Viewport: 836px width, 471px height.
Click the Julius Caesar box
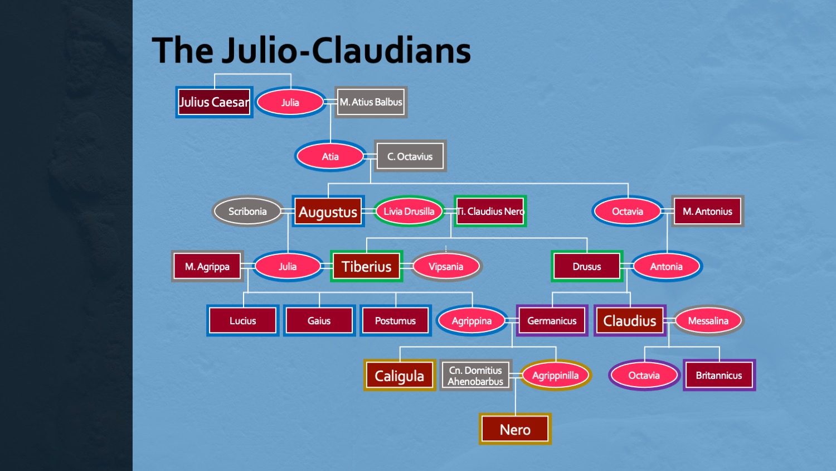(x=214, y=102)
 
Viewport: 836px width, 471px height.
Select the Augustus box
(x=328, y=212)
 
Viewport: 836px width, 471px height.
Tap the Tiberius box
(x=366, y=266)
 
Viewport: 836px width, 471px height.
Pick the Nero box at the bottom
(x=515, y=429)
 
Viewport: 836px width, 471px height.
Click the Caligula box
(x=399, y=376)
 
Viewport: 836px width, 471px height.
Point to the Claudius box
(x=630, y=321)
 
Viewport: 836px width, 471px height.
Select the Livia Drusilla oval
(x=409, y=212)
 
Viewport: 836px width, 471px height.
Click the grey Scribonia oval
(x=247, y=212)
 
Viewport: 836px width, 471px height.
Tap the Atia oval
(x=330, y=156)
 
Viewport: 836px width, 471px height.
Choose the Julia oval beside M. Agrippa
(x=288, y=266)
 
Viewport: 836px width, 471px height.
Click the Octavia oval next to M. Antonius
(x=628, y=212)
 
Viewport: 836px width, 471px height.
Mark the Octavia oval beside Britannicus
(x=644, y=376)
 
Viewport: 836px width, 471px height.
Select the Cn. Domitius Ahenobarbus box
(x=475, y=376)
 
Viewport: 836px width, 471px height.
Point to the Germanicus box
(x=552, y=321)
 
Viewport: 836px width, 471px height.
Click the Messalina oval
(x=708, y=321)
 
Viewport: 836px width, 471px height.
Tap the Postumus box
(x=395, y=321)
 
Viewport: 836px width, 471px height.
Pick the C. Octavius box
(x=410, y=156)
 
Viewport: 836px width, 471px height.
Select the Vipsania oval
(x=446, y=266)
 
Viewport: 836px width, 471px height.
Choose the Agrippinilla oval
(x=555, y=376)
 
